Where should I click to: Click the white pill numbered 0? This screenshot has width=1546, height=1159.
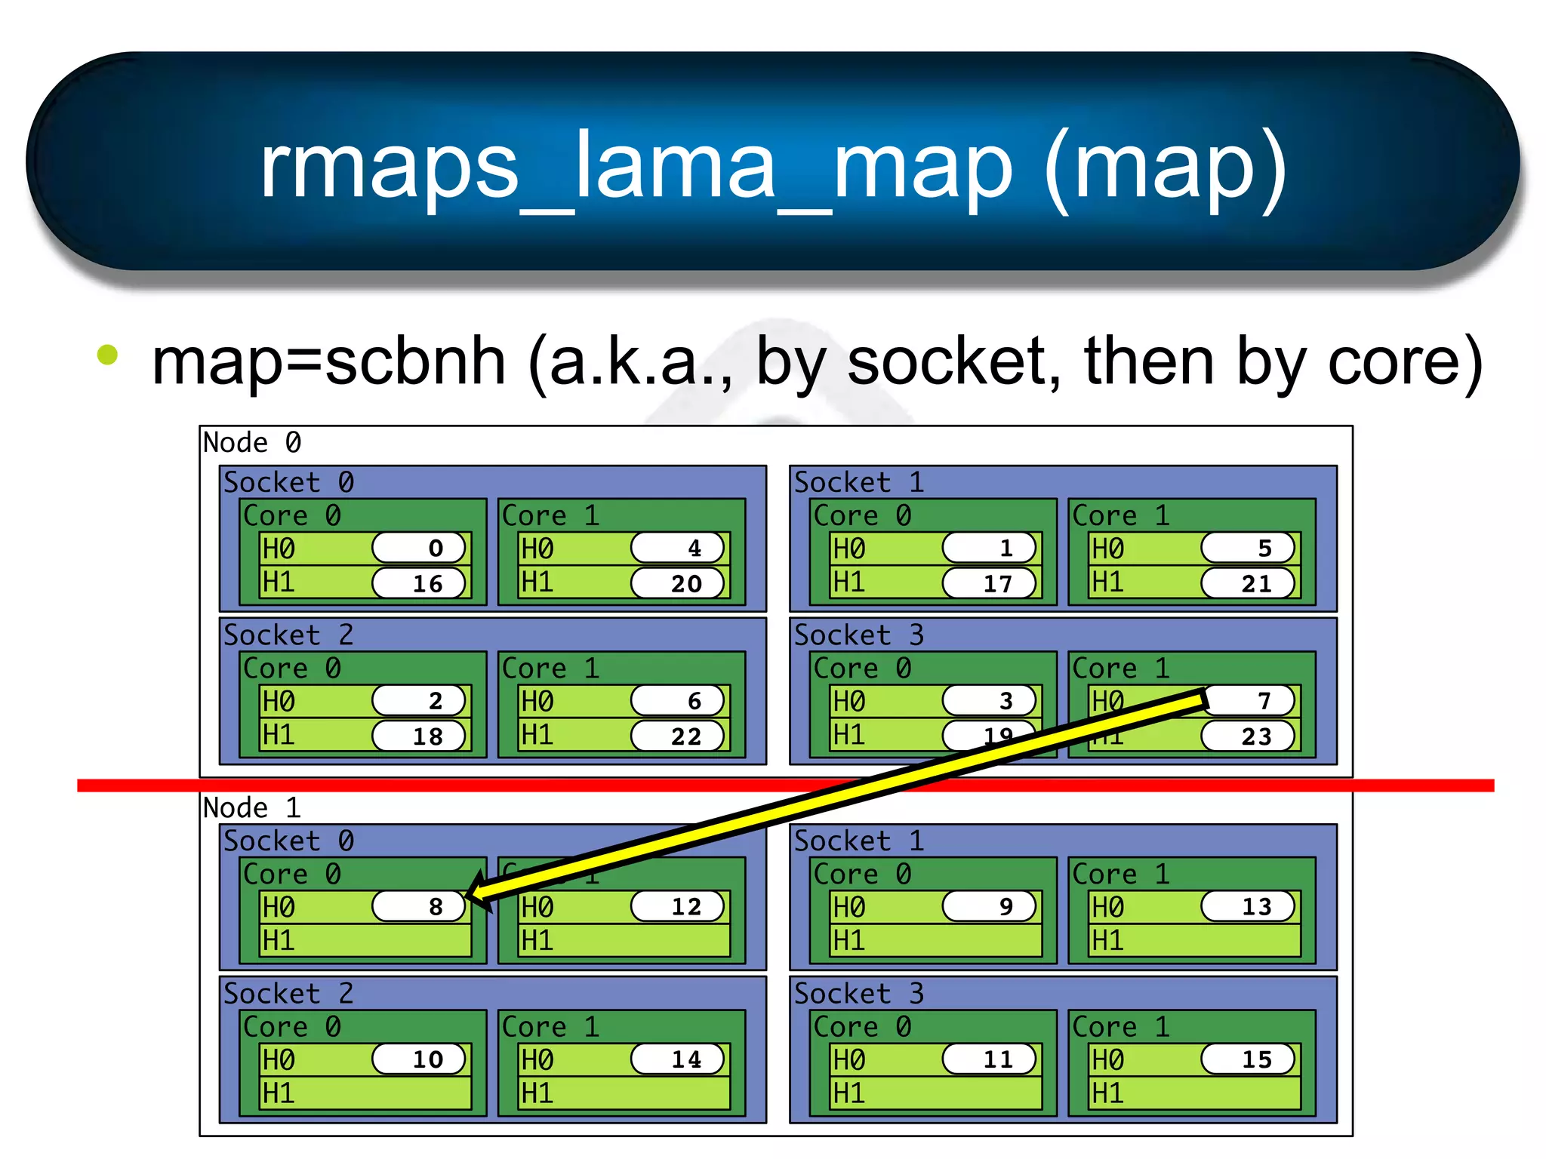tap(420, 548)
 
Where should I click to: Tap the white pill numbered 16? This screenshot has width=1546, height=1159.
tap(420, 583)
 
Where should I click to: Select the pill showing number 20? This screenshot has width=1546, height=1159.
tap(678, 583)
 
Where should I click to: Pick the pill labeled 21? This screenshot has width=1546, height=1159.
tap(1249, 583)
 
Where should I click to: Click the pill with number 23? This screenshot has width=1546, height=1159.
tap(1249, 736)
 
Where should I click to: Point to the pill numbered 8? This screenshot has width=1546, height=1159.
tap(420, 906)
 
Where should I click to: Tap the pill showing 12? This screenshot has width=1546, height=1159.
tap(678, 906)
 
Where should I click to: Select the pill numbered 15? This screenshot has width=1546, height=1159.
tap(1249, 1059)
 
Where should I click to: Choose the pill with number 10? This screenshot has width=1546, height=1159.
tap(420, 1059)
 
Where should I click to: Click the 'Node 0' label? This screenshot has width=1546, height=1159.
tap(252, 443)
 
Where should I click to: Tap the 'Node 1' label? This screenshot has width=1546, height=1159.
tap(252, 808)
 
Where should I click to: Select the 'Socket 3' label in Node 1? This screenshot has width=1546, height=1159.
tap(859, 994)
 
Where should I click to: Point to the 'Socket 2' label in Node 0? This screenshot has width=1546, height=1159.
tap(288, 635)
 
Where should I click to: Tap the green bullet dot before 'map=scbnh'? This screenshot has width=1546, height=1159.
tap(108, 355)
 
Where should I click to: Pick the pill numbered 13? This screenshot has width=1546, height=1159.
tap(1249, 906)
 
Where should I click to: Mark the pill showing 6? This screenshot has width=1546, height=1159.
tap(678, 701)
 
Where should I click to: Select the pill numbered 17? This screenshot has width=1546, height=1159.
tap(990, 583)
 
